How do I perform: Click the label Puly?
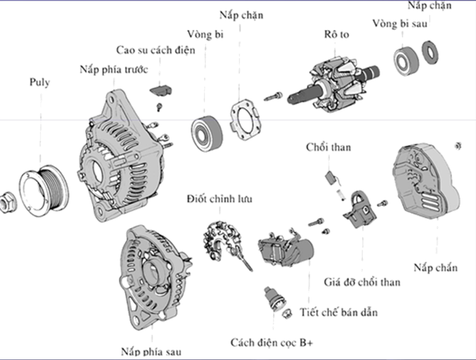(x=39, y=83)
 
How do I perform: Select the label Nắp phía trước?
(x=114, y=68)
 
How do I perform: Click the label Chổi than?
(x=328, y=148)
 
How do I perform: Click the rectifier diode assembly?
(x=224, y=240)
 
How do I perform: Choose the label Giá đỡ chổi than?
(x=362, y=282)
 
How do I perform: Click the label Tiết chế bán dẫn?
(x=339, y=312)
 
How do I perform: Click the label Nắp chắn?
(x=435, y=267)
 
